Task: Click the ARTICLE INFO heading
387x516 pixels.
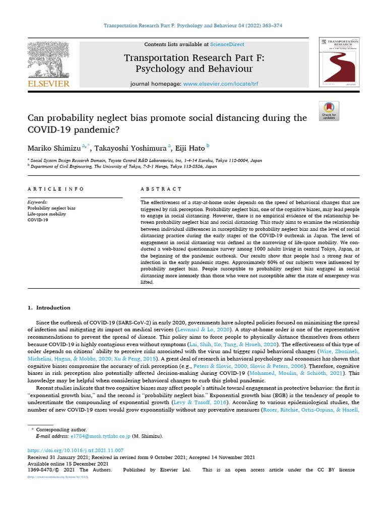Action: (55, 189)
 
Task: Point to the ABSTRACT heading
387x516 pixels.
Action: (161, 189)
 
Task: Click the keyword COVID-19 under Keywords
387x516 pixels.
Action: (38, 220)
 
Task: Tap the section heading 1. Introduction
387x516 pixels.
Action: (49, 308)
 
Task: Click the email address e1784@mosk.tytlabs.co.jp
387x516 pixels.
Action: (100, 436)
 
